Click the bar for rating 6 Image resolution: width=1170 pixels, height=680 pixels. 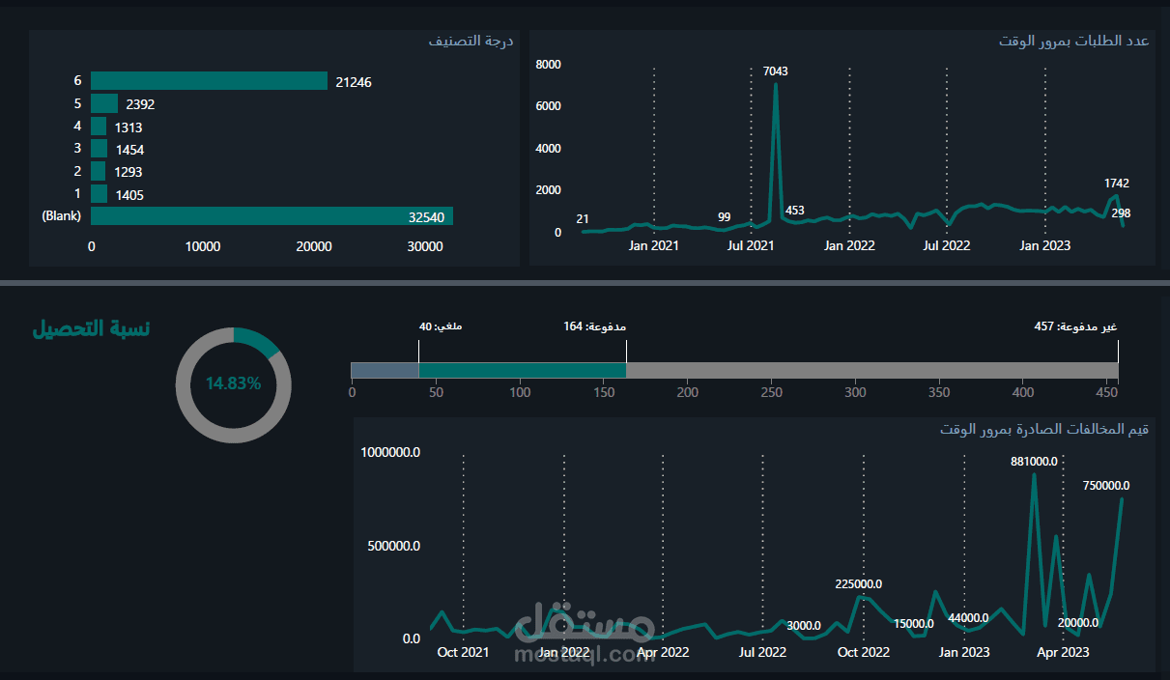(209, 81)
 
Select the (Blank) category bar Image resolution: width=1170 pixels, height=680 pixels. (271, 216)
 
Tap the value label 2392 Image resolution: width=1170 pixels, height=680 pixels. (140, 104)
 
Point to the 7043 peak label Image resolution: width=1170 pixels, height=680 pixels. (775, 71)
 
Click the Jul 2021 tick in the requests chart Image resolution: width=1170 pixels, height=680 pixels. (751, 246)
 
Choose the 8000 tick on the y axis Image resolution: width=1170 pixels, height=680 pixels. (548, 65)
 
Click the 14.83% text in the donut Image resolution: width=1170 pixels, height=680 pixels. (233, 383)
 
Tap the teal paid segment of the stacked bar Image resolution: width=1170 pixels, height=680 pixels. (522, 370)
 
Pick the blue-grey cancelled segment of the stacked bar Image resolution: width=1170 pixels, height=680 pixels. (385, 370)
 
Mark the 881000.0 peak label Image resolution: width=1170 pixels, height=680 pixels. (1034, 462)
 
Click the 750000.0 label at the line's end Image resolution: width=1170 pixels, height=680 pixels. (1106, 486)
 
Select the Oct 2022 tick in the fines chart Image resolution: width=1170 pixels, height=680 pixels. (863, 653)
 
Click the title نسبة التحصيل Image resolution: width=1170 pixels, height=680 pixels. (92, 328)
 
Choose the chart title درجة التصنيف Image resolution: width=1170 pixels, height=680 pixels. (471, 42)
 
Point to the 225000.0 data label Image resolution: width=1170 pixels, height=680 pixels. (858, 584)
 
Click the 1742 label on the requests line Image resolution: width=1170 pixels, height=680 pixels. (1117, 184)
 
